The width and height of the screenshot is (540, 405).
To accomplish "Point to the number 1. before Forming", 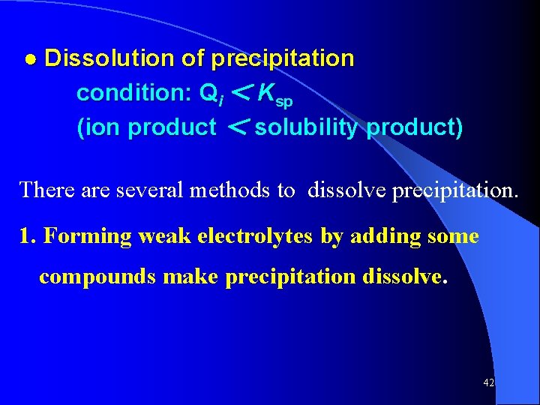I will [x=28, y=236].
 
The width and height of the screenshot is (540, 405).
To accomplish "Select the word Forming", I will [x=86, y=237].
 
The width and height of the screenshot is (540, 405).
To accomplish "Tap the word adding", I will [x=382, y=237].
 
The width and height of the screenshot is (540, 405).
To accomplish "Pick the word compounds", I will [x=97, y=277].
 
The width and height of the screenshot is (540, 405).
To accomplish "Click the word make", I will [x=190, y=276].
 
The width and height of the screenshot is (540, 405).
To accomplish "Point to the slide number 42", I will [x=488, y=383].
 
